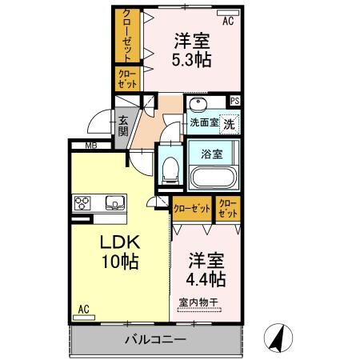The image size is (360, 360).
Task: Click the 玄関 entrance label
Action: (x=125, y=126)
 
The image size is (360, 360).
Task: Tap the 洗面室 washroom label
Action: (x=202, y=123)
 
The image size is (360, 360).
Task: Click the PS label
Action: (x=234, y=102)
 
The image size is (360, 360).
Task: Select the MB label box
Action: (x=92, y=145)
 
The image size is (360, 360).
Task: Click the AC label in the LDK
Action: (x=83, y=309)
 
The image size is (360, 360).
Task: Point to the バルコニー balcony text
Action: (x=155, y=340)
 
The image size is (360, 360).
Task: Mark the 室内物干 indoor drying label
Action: (x=199, y=302)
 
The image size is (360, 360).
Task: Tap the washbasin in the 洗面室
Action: (x=199, y=106)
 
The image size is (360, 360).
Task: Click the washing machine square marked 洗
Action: (x=229, y=124)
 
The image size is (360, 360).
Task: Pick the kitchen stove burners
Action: (x=84, y=202)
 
